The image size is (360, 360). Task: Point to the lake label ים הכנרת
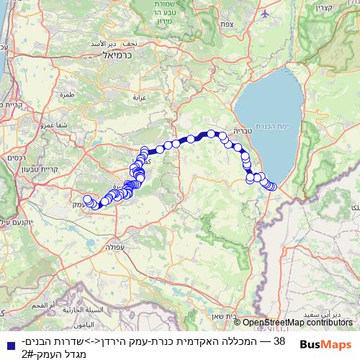tap(274, 126)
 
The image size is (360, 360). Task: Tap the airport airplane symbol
tap(266, 14)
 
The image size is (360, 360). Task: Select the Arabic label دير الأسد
tap(94, 44)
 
